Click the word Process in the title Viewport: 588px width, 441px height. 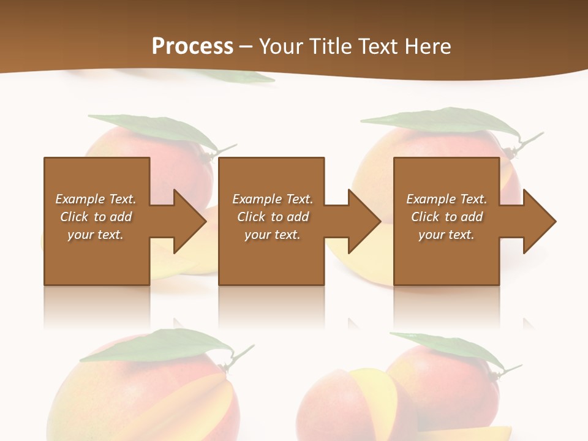click(x=192, y=46)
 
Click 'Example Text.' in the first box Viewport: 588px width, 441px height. click(x=96, y=199)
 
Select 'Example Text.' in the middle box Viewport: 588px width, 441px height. click(x=273, y=199)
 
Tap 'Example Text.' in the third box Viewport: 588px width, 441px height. click(x=447, y=199)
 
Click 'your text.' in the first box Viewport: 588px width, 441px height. click(x=96, y=235)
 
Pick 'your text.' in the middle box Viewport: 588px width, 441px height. click(x=273, y=235)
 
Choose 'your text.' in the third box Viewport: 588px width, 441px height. click(x=447, y=235)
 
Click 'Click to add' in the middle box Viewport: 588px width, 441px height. click(x=273, y=217)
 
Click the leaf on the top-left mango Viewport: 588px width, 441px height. click(x=153, y=129)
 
